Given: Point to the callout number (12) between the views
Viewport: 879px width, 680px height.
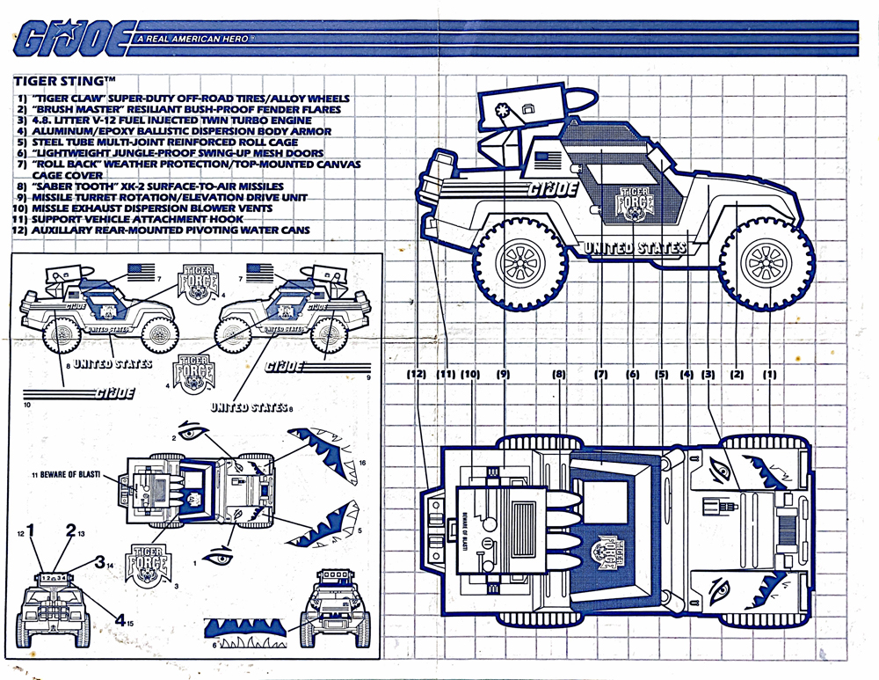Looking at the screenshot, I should (x=417, y=374).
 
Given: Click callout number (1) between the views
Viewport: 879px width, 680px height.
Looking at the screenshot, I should (x=770, y=374).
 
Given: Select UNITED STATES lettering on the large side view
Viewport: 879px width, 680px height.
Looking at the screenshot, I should (x=634, y=248).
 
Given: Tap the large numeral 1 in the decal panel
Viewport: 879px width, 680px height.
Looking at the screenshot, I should (x=32, y=530).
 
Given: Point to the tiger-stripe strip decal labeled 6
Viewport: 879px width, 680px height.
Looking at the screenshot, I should (x=248, y=630).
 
